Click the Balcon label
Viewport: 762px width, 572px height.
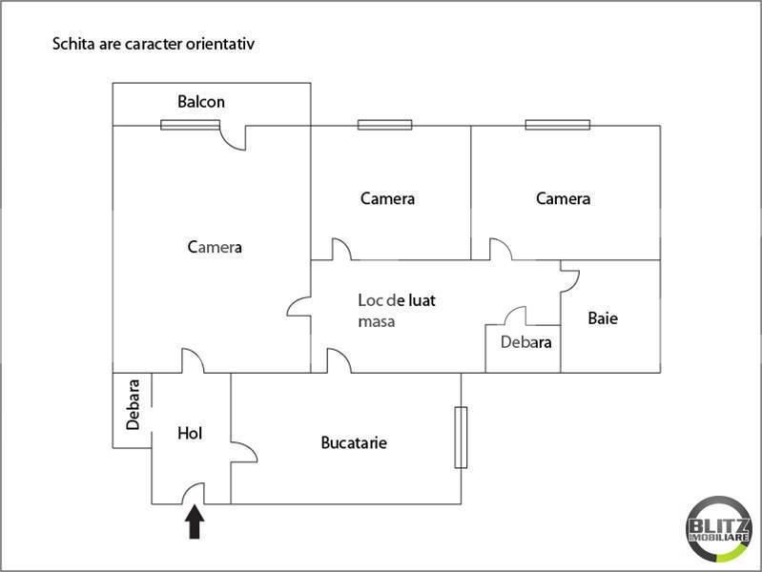(x=201, y=102)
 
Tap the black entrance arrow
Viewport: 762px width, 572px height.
(x=195, y=522)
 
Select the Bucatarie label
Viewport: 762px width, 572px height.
(x=354, y=442)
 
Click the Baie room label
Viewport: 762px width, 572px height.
(x=602, y=318)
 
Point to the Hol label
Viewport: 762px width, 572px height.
(x=191, y=433)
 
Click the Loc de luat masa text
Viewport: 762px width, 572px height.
(x=397, y=311)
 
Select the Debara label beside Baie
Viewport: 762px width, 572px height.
(x=526, y=342)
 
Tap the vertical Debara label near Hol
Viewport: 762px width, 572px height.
(x=133, y=405)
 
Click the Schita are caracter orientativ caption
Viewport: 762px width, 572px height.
(x=154, y=44)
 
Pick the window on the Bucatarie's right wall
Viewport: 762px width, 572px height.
(x=461, y=438)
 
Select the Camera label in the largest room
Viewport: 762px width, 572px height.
(x=215, y=247)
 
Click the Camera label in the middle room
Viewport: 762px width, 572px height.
(x=387, y=199)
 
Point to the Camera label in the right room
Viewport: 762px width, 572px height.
(x=563, y=199)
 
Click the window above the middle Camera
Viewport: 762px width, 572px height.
(x=384, y=124)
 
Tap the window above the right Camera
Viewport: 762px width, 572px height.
(x=557, y=124)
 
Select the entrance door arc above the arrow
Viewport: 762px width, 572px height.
(x=194, y=493)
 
